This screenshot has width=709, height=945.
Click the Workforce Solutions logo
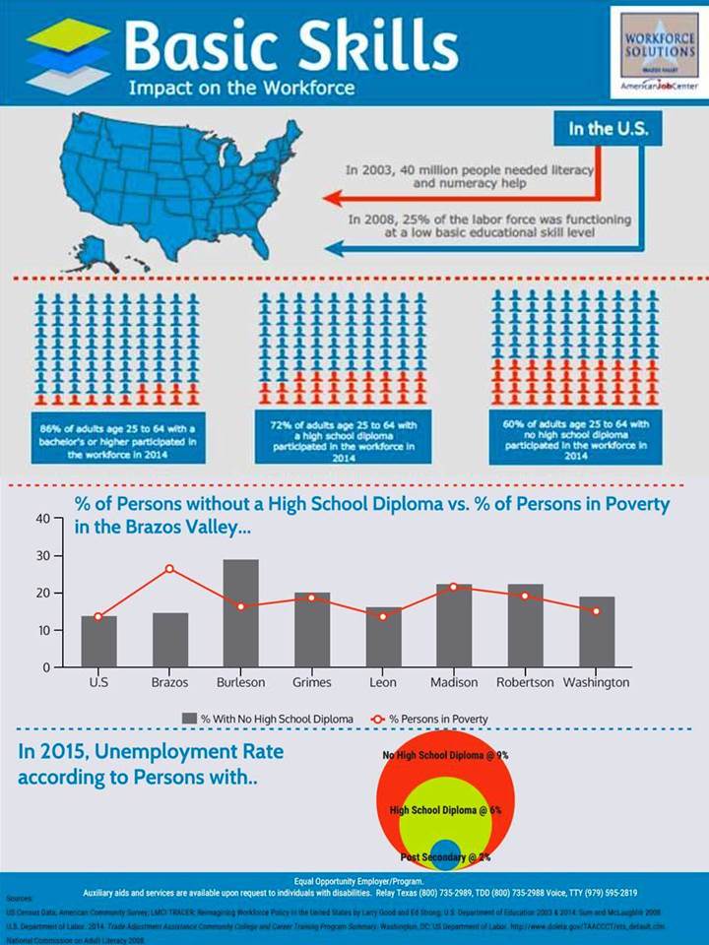point(658,53)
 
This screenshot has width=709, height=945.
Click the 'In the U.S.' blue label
point(602,129)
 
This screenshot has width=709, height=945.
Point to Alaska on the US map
point(95,252)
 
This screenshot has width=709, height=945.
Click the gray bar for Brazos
point(169,640)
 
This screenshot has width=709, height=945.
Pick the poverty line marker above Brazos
point(169,569)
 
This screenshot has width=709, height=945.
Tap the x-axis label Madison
point(454,682)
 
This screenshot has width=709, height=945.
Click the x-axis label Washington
point(596,682)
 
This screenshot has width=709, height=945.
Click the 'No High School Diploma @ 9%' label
point(445,755)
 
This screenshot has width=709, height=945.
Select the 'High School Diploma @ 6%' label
point(445,810)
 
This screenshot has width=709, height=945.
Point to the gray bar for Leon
point(383,637)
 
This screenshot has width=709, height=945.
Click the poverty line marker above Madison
point(454,587)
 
